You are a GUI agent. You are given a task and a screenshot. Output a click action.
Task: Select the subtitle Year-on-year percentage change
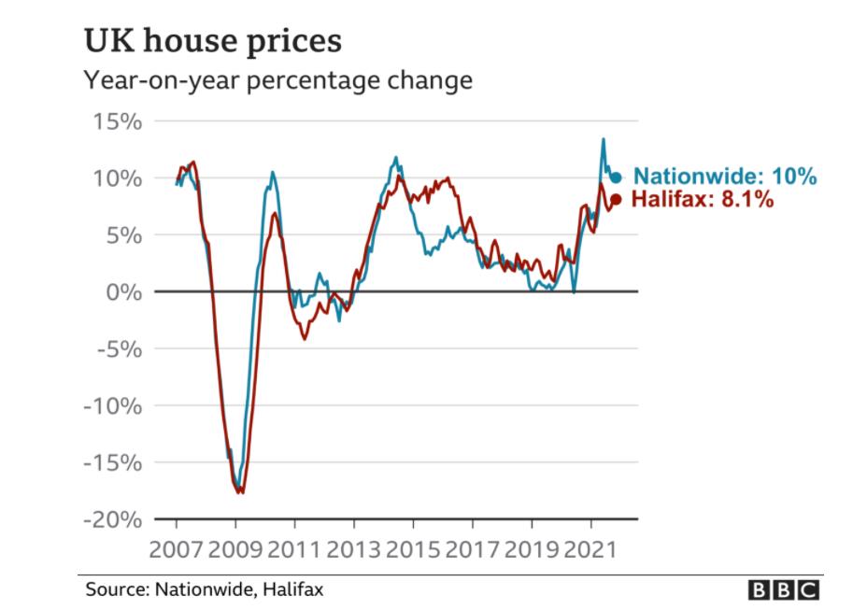click(277, 81)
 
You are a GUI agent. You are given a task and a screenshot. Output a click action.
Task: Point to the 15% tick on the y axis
click(117, 121)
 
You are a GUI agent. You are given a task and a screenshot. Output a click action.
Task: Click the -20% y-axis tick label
click(112, 519)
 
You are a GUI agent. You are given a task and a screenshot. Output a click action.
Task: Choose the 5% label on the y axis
click(122, 234)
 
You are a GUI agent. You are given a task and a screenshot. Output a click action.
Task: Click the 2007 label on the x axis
click(176, 546)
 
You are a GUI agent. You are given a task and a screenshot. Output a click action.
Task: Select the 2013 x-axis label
click(353, 546)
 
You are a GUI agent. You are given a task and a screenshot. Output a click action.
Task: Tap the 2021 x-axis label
click(591, 546)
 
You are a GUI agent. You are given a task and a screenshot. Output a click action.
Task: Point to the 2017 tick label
click(473, 546)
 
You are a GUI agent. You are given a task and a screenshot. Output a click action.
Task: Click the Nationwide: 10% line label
click(725, 176)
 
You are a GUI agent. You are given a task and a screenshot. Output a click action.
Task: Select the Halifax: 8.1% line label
click(703, 199)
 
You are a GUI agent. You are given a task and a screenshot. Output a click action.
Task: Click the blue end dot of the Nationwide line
click(616, 177)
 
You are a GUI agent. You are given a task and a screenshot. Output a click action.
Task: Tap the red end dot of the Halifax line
click(615, 199)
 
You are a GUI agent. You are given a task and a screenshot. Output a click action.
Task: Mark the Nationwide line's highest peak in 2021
click(603, 139)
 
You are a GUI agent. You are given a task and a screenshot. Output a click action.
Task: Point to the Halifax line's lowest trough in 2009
click(240, 492)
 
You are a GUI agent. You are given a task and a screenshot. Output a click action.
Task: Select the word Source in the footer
click(110, 589)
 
